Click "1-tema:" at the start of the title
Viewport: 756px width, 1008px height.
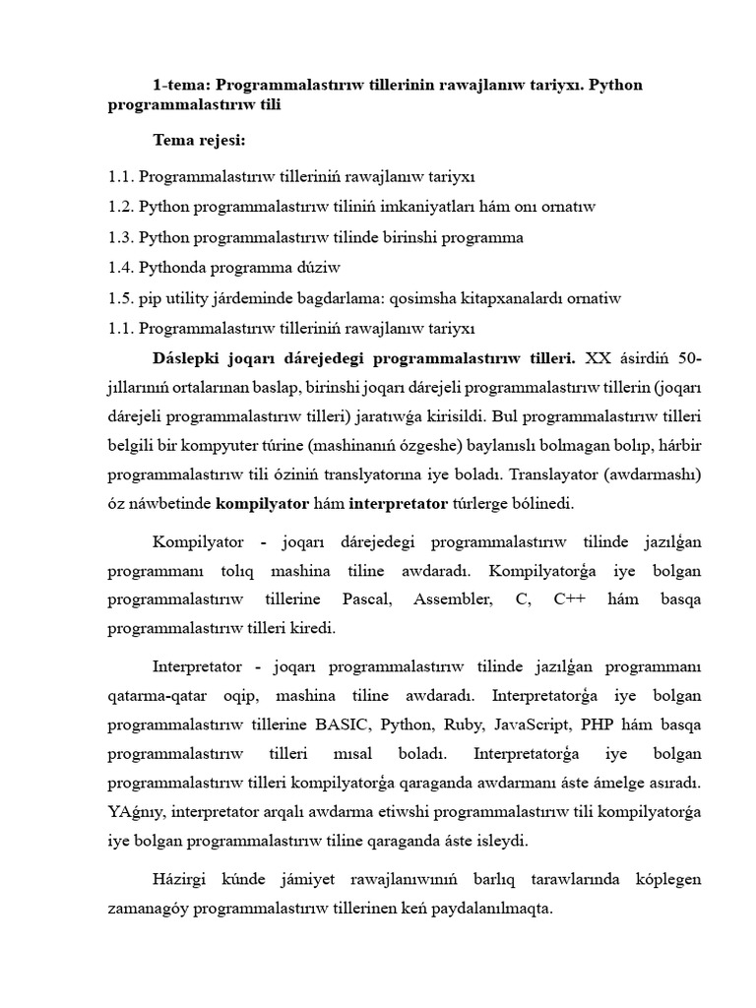[180, 85]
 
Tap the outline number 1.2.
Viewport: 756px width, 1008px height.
[121, 207]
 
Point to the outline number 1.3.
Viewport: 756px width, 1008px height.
[121, 237]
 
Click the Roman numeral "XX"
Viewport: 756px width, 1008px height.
[598, 355]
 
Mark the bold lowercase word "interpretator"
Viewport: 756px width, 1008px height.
[396, 503]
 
